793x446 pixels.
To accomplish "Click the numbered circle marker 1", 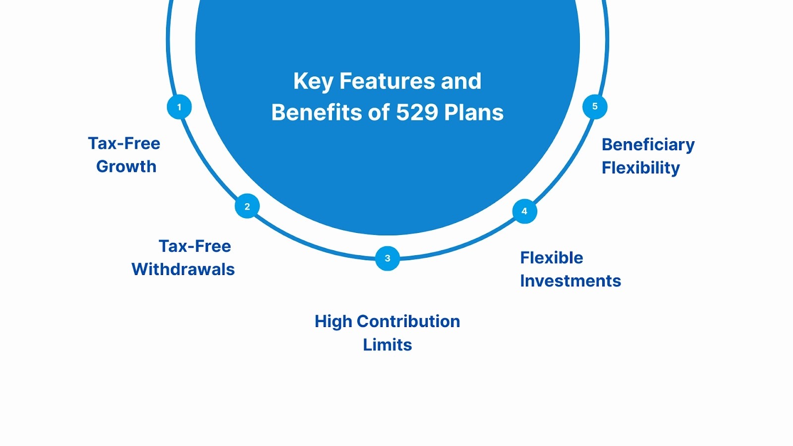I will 179,107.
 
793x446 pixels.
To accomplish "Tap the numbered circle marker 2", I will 247,207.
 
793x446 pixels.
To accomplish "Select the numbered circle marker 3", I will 388,258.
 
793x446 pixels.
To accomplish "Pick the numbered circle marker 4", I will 524,212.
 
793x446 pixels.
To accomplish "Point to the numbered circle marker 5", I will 595,107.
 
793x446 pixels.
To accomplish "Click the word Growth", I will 126,167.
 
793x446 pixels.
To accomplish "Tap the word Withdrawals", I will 183,270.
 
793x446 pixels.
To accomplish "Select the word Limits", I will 387,345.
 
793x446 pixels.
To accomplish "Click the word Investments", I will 570,281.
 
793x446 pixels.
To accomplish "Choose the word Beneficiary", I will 648,145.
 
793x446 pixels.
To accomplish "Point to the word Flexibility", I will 640,168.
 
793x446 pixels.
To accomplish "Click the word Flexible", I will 551,258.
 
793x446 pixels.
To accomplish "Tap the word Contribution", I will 408,322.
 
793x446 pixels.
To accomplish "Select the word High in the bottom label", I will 333,322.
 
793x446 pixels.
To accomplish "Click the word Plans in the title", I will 474,112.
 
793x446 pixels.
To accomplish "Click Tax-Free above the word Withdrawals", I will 195,246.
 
